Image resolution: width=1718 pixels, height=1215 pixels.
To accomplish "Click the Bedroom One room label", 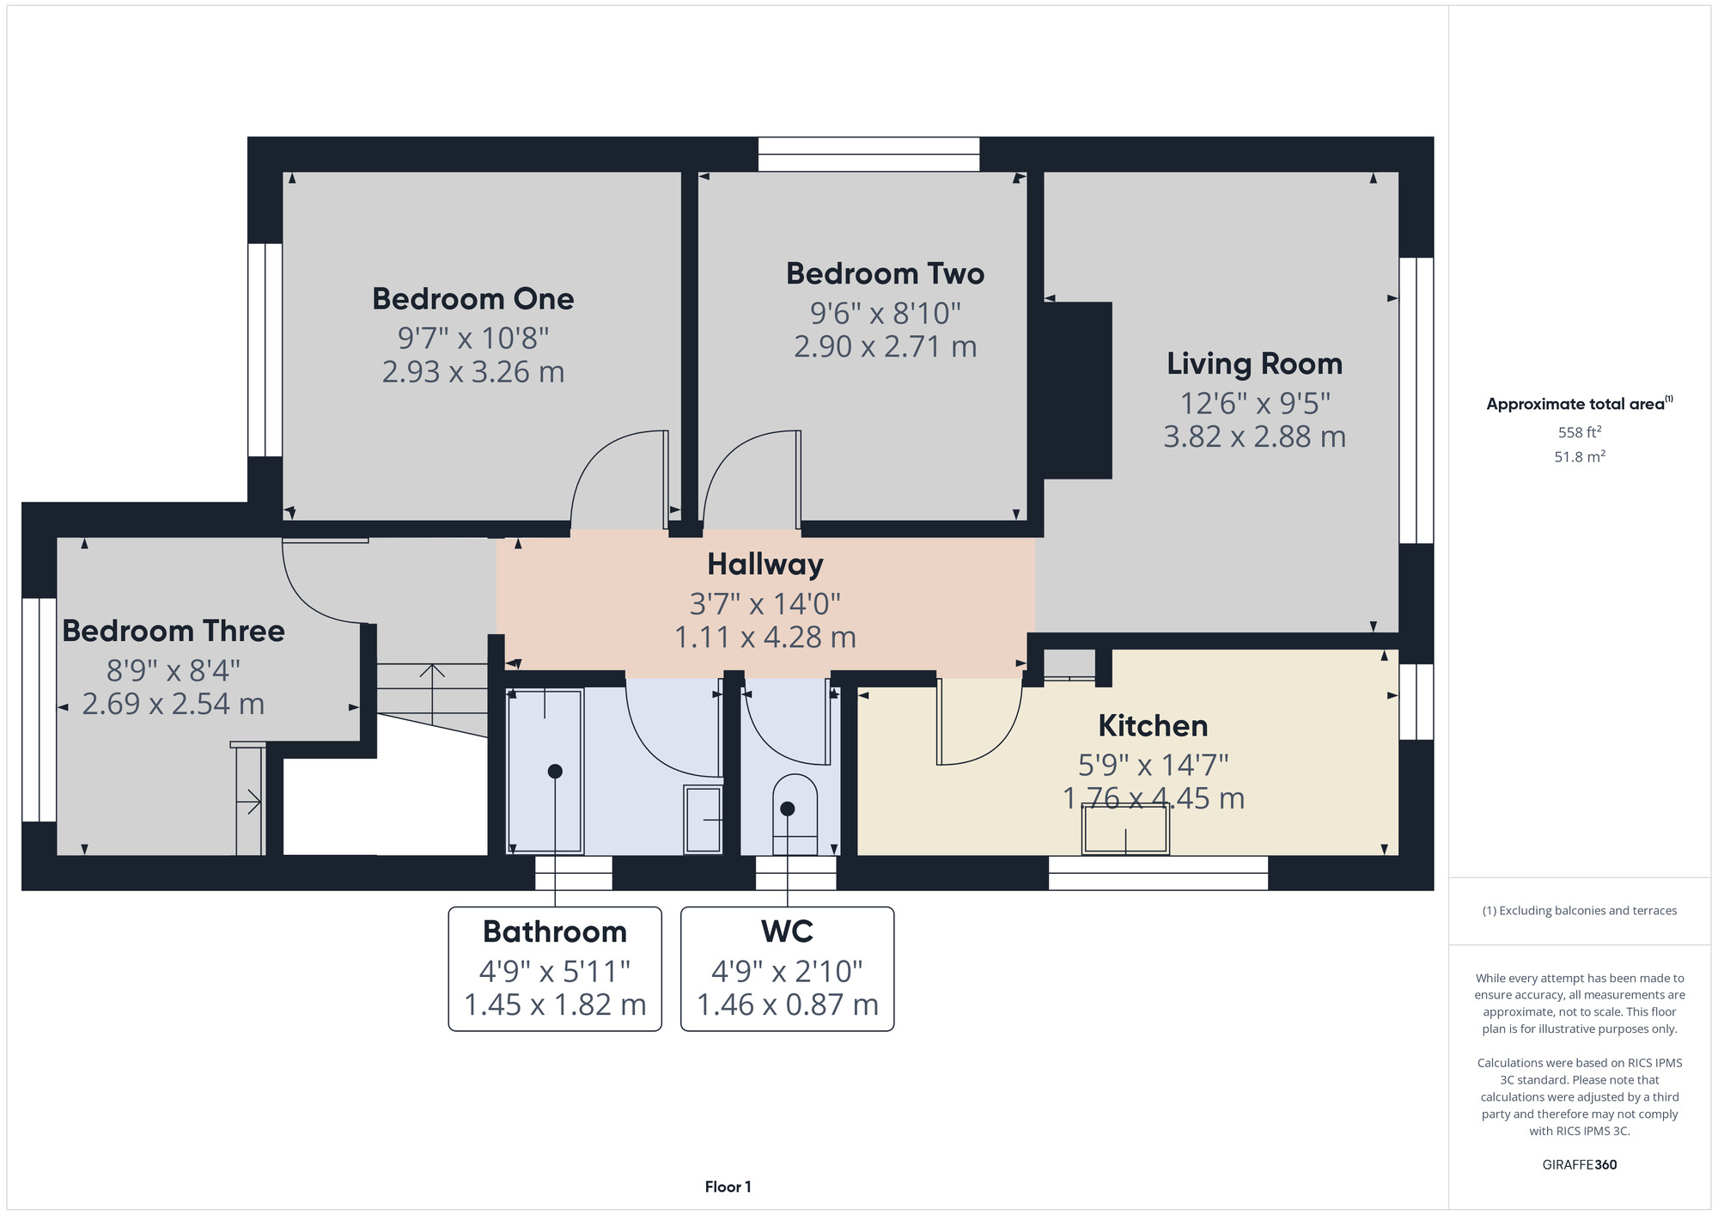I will [x=472, y=299].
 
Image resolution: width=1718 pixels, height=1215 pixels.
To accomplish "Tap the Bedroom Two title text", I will [x=885, y=274].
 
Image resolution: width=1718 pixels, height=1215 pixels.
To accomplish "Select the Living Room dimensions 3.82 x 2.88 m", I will [x=1253, y=437].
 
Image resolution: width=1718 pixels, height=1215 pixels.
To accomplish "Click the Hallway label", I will [x=765, y=565].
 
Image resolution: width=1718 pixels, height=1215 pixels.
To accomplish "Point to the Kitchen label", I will [x=1152, y=726].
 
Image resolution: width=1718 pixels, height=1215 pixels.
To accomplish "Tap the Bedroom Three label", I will [x=174, y=632].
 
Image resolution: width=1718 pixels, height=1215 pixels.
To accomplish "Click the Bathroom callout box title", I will [x=554, y=931].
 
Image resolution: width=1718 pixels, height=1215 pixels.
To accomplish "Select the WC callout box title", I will [x=787, y=931].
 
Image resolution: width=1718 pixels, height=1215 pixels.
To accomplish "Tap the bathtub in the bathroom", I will [x=545, y=771].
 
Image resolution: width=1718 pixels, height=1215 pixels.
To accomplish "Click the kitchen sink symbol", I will [x=1124, y=829].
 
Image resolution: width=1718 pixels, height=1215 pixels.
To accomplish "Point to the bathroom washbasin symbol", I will [x=703, y=819].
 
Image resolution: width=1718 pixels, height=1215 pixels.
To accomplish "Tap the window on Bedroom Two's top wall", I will [x=868, y=155].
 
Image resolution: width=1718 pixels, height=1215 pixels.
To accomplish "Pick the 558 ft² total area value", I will [x=1579, y=432].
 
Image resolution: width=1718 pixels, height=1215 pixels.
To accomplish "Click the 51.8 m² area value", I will [x=1579, y=457].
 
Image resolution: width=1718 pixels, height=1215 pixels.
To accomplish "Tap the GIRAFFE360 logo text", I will [x=1579, y=1165].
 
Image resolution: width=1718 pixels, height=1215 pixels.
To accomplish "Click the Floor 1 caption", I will [x=728, y=1187].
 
